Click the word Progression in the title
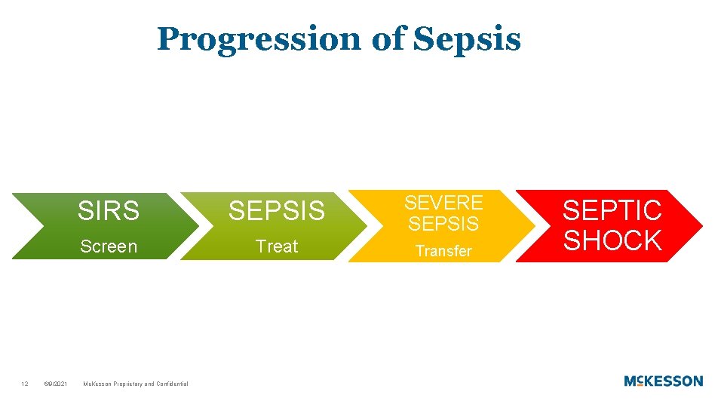[x=259, y=39]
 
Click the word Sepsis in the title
[x=468, y=39]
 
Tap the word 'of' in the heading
[x=388, y=39]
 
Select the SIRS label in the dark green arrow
[x=109, y=211]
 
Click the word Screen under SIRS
[x=109, y=246]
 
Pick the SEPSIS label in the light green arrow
[x=277, y=211]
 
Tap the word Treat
[x=277, y=246]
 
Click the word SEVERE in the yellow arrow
[x=443, y=203]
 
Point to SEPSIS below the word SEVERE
[x=443, y=224]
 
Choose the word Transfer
[x=443, y=251]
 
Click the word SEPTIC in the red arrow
[x=612, y=210]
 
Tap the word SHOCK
[x=612, y=240]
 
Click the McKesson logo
[x=663, y=381]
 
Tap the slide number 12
[x=25, y=384]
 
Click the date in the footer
[x=56, y=384]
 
